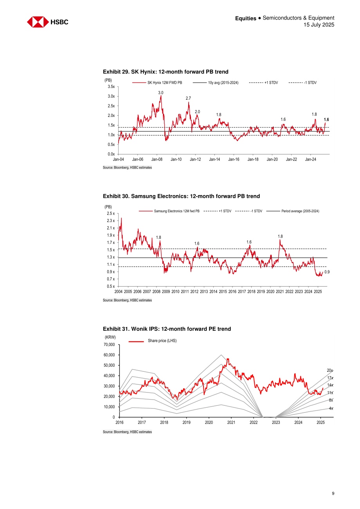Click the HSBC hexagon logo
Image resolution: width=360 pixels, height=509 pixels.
[38, 22]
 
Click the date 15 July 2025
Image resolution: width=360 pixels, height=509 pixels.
[319, 25]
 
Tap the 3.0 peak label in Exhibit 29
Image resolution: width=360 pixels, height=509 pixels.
[161, 93]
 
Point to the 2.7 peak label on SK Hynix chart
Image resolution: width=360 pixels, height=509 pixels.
[188, 98]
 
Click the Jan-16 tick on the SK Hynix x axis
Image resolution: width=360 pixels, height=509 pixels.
[234, 159]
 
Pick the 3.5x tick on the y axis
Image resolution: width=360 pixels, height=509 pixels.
[111, 86]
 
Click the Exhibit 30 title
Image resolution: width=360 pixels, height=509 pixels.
[181, 196]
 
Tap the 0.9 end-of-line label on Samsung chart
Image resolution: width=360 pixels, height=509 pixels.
[327, 272]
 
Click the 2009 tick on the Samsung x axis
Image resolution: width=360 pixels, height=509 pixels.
[166, 292]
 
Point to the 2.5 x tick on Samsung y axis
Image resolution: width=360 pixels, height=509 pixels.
[111, 213]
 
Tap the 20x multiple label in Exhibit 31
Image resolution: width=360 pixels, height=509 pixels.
[330, 370]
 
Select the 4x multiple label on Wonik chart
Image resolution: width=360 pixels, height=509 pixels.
[331, 409]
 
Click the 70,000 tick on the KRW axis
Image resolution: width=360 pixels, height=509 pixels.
[110, 345]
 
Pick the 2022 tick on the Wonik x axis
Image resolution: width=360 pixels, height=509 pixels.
[254, 423]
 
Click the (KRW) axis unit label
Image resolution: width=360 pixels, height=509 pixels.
[110, 337]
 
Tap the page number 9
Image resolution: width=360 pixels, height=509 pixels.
[333, 493]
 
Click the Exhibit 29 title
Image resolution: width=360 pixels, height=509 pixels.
[166, 72]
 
